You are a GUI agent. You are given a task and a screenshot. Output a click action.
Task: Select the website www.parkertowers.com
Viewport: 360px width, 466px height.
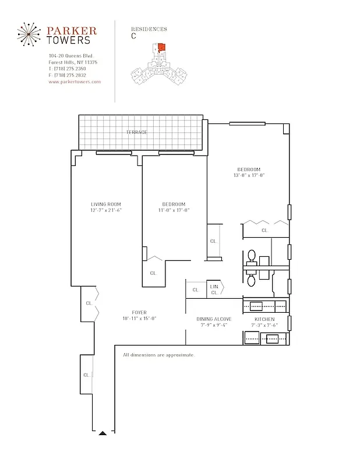[x=75, y=82]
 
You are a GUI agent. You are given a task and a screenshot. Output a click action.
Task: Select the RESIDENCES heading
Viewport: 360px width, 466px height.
[x=149, y=29]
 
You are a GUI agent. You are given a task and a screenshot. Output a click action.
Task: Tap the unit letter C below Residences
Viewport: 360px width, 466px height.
[x=134, y=36]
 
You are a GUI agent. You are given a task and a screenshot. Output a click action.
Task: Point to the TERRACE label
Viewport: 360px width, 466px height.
[x=136, y=132]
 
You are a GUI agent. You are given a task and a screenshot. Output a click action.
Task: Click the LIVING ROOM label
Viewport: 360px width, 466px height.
[x=105, y=204]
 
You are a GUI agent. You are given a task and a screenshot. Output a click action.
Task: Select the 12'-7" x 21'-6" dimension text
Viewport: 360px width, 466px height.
[x=105, y=210]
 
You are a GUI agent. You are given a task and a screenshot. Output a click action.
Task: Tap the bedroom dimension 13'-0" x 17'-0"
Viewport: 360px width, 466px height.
[x=249, y=175]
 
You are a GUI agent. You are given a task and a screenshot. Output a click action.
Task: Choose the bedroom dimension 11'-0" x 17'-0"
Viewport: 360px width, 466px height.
[x=174, y=210]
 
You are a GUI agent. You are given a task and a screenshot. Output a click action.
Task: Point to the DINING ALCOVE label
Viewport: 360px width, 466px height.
[x=214, y=319]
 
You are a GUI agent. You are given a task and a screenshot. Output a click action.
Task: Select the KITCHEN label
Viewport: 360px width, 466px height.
[x=264, y=319]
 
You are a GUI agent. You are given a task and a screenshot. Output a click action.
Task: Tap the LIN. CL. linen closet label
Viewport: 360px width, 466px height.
[x=214, y=289]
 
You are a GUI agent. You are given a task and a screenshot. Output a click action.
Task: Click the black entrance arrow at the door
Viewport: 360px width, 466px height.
[x=103, y=433]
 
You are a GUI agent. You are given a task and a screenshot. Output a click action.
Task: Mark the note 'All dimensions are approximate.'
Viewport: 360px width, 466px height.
[x=158, y=355]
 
